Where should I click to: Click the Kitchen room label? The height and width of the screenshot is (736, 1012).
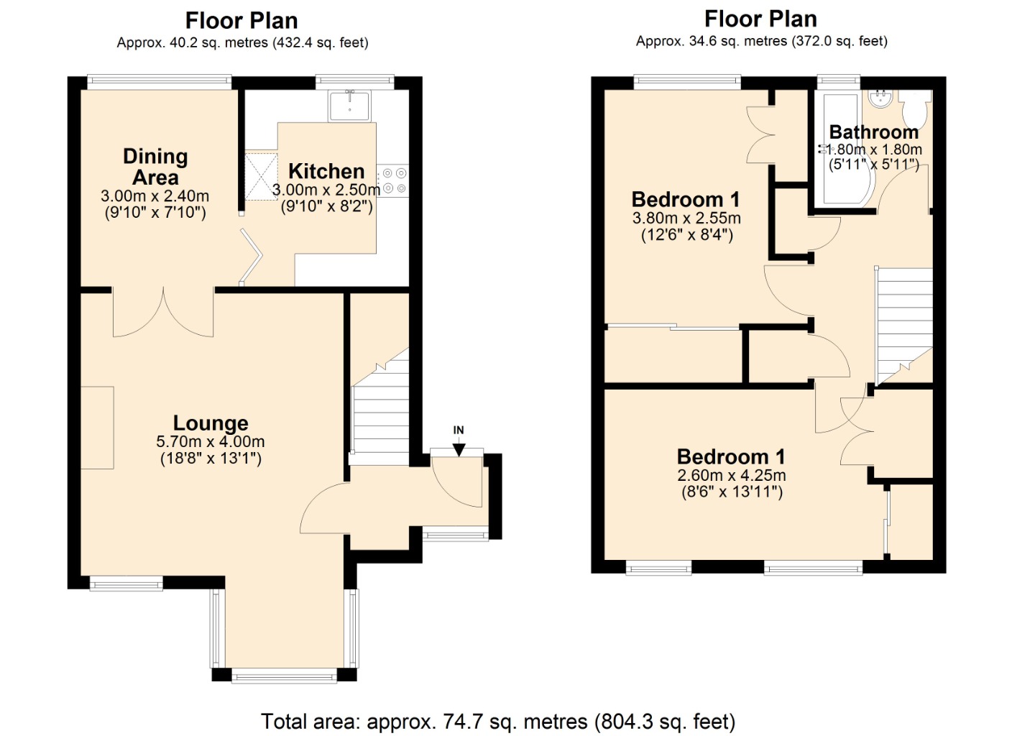click(326, 172)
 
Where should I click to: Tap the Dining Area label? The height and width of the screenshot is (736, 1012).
click(155, 167)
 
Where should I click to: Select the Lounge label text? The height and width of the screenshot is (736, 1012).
click(211, 423)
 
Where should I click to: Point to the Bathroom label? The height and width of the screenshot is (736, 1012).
click(874, 132)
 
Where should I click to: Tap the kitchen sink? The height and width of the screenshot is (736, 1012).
click(350, 106)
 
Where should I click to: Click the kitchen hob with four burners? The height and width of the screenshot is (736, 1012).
click(393, 180)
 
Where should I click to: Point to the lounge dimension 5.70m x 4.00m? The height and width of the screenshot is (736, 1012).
click(211, 441)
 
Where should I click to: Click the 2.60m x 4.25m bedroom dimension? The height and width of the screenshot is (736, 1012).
click(732, 475)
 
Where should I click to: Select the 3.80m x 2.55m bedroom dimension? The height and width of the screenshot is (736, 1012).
click(686, 218)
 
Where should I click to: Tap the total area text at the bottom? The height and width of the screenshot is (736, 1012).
click(498, 722)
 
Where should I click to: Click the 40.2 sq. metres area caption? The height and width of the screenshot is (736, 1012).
click(243, 43)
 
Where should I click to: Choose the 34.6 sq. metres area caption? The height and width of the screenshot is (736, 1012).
click(762, 42)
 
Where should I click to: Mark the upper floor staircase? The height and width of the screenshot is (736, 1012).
click(904, 326)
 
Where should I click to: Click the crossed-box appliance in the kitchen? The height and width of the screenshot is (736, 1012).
click(261, 176)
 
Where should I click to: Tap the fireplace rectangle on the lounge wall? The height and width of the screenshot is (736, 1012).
click(97, 428)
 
